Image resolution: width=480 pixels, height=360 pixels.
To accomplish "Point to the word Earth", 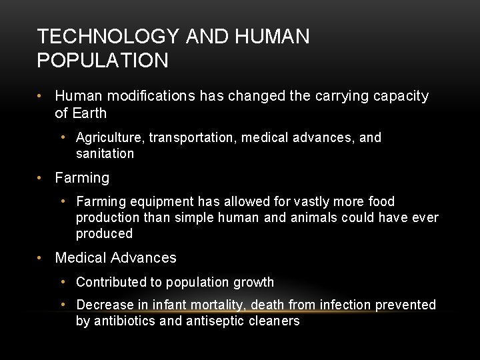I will pos(90,113).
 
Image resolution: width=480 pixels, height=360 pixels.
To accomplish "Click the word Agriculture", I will pos(110,138).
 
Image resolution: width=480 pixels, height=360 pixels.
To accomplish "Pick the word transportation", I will pos(193,138).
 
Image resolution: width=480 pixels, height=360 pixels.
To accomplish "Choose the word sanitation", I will pos(105,154).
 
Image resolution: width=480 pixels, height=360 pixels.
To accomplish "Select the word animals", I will pos(315,218).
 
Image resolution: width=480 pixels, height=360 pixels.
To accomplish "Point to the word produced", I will pos(104,234).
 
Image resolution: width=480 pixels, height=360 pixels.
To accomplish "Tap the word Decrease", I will pos(103,305).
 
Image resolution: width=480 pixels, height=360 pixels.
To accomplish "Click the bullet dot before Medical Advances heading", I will pos(41,258).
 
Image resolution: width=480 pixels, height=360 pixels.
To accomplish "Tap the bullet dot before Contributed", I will pos(63,282).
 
